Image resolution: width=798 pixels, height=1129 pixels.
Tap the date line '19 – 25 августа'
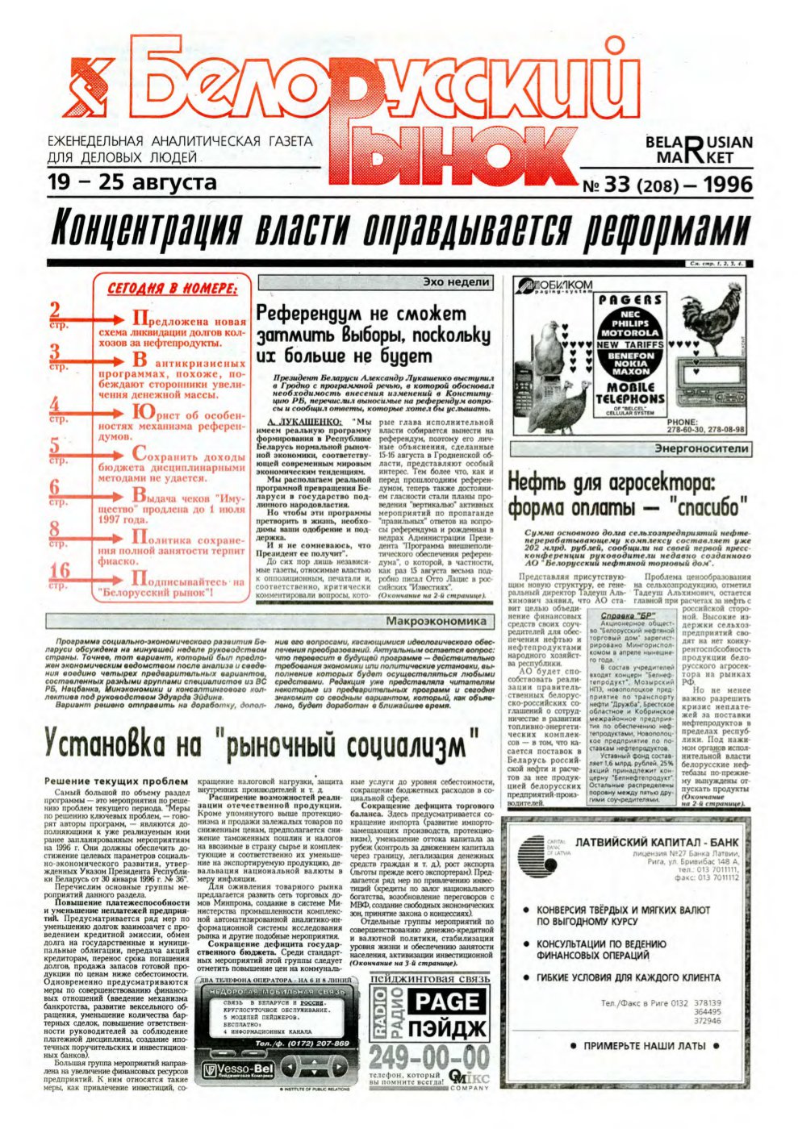[x=132, y=182]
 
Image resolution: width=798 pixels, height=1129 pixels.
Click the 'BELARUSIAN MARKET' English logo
[x=698, y=149]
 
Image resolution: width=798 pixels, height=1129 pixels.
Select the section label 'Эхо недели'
[x=456, y=282]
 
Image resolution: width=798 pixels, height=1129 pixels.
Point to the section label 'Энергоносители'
[x=701, y=448]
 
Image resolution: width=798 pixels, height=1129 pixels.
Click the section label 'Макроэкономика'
[x=437, y=621]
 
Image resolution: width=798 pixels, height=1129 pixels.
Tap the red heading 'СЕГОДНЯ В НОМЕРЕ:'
[x=172, y=289]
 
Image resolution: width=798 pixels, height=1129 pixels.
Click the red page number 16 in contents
[x=60, y=572]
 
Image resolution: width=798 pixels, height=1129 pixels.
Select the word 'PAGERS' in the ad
[x=630, y=300]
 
